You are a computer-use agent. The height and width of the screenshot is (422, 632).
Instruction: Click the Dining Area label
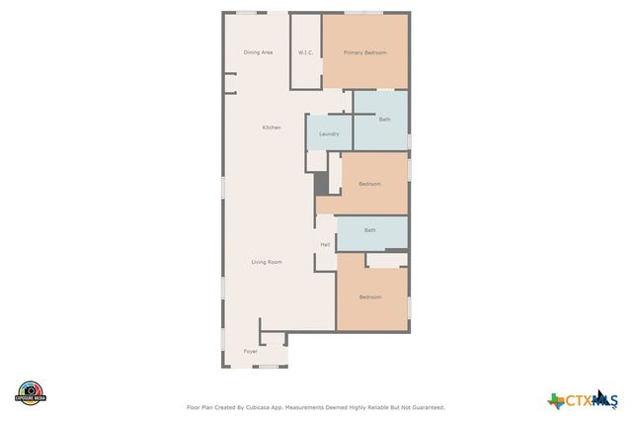pyautogui.click(x=258, y=52)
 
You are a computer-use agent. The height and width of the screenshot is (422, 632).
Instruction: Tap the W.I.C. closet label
pyautogui.click(x=305, y=52)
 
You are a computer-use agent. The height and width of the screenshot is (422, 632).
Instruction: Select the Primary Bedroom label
pyautogui.click(x=364, y=52)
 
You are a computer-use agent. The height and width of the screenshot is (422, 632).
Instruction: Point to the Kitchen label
pyautogui.click(x=271, y=127)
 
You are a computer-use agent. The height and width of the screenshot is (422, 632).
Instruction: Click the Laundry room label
pyautogui.click(x=329, y=134)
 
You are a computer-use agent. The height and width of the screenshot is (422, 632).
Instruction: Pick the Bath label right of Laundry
pyautogui.click(x=384, y=120)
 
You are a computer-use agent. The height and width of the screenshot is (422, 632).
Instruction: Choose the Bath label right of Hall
pyautogui.click(x=369, y=230)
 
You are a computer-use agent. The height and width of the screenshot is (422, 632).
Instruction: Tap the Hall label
pyautogui.click(x=324, y=244)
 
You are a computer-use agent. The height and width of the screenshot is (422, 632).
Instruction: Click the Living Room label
pyautogui.click(x=267, y=262)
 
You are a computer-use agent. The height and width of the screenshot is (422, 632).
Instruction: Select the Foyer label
pyautogui.click(x=251, y=351)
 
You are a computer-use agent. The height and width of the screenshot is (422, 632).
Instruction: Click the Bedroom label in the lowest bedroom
pyautogui.click(x=369, y=297)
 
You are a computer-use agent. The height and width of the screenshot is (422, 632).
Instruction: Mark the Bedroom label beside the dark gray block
pyautogui.click(x=369, y=184)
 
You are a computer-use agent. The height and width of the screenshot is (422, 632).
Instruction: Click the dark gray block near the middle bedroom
pyautogui.click(x=320, y=184)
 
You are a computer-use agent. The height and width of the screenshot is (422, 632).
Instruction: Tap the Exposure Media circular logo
pyautogui.click(x=31, y=392)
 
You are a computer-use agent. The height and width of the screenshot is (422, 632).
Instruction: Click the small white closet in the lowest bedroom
pyautogui.click(x=387, y=260)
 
